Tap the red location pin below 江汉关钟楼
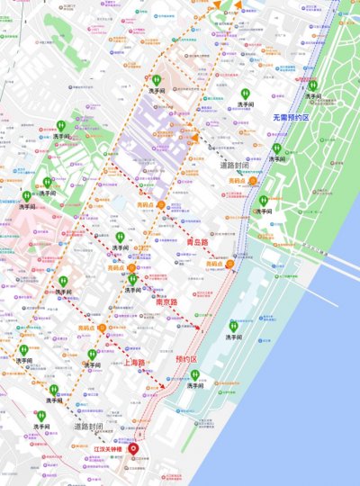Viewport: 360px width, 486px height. [135, 449]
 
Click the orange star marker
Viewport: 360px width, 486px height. [197, 138]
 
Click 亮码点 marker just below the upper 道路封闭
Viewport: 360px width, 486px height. [253, 181]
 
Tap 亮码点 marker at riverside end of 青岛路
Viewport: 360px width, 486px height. [229, 265]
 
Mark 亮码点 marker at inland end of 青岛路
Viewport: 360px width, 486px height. [160, 205]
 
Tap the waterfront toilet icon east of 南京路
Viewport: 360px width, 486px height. [234, 328]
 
